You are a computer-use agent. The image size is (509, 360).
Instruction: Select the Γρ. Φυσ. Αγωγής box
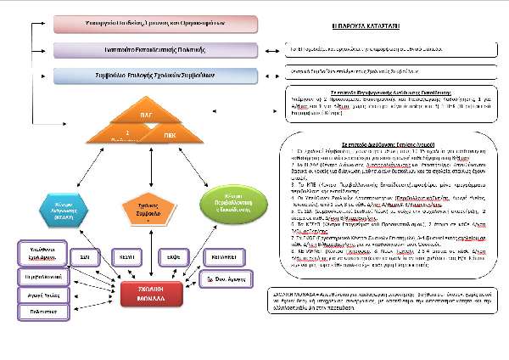pyautogui.click(x=223, y=279)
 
